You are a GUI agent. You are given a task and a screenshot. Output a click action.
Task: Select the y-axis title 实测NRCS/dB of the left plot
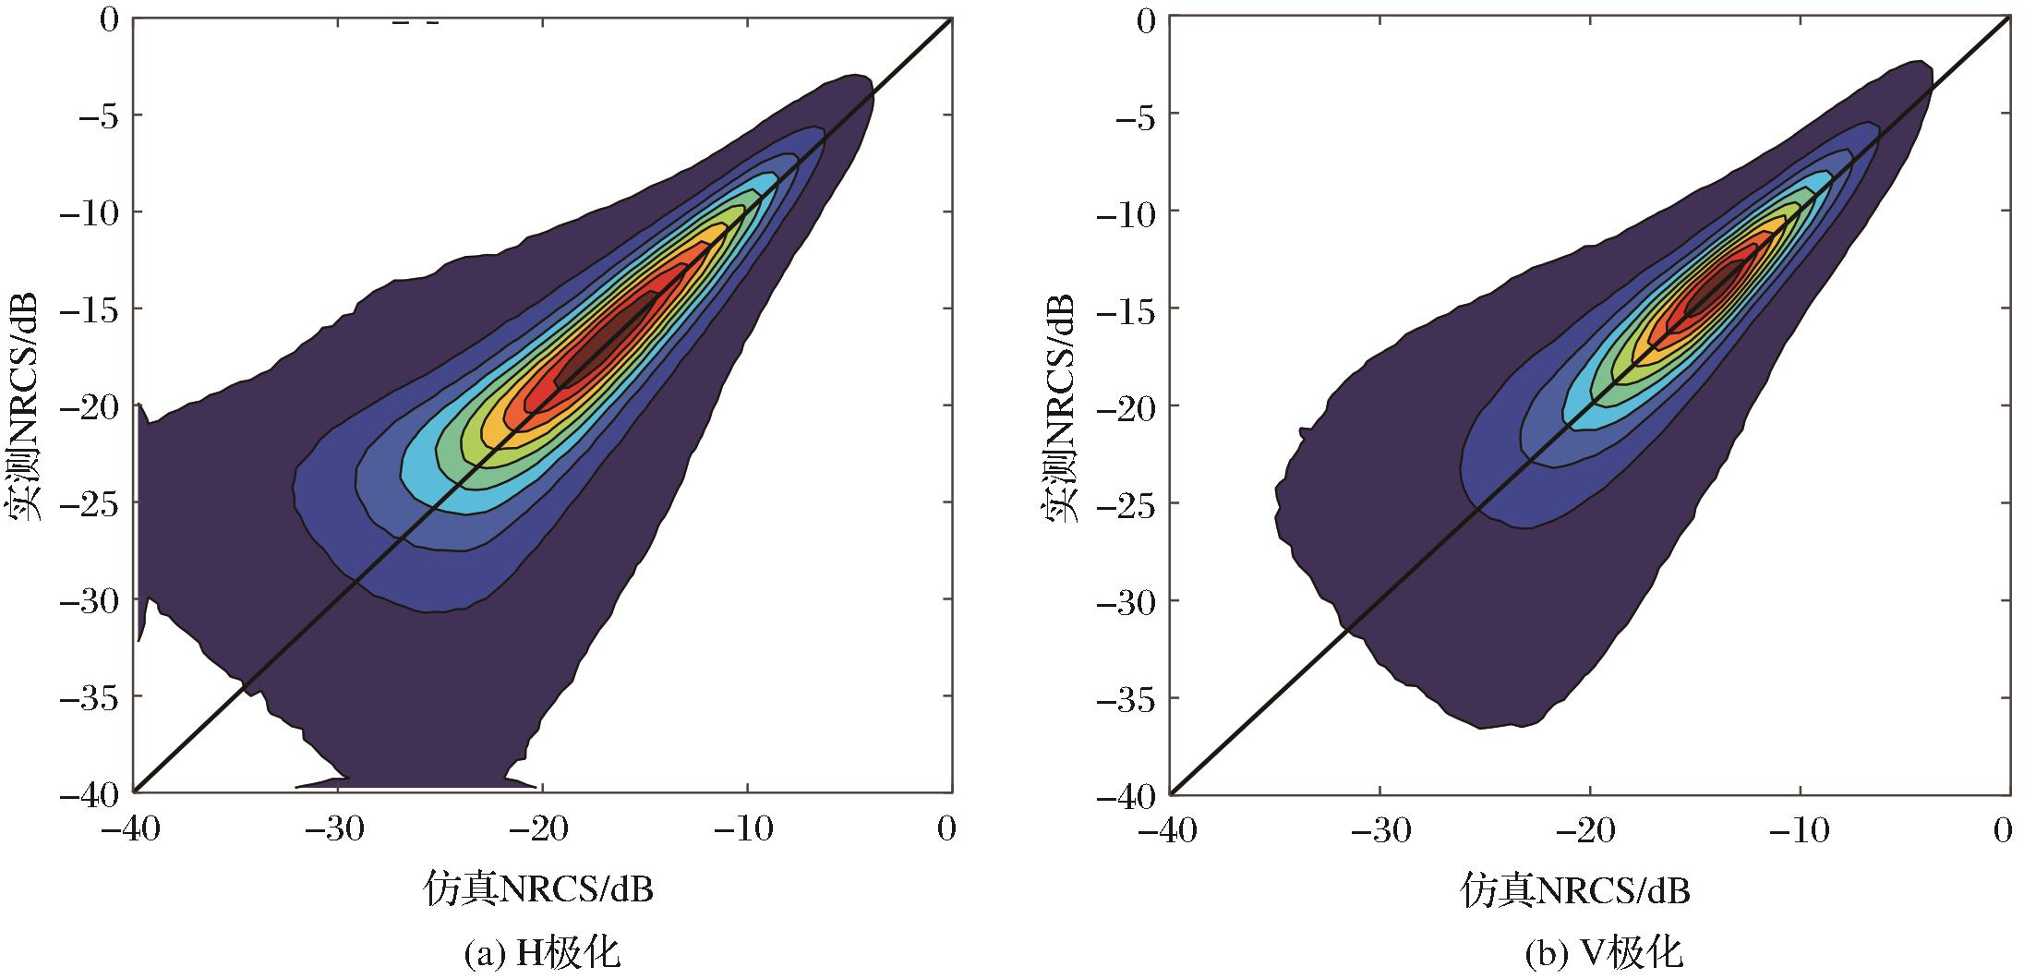click(x=25, y=406)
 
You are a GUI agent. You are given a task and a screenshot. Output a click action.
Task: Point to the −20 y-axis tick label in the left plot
click(x=90, y=405)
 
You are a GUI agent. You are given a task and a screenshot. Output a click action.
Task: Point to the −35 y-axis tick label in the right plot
click(x=1125, y=698)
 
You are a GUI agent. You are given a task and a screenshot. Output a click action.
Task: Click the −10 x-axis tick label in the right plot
click(x=1797, y=830)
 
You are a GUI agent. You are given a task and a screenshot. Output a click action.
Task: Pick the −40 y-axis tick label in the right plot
click(x=1125, y=795)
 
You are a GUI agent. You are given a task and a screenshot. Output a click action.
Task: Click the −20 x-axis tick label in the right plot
click(x=1587, y=830)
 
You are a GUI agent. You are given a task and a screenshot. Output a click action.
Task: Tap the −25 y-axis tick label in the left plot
click(x=90, y=502)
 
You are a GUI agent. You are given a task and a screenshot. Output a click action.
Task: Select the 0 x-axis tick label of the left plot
click(x=946, y=829)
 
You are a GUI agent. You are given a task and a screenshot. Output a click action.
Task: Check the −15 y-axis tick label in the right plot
click(x=1125, y=308)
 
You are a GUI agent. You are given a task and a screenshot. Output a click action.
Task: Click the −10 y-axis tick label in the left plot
click(x=90, y=212)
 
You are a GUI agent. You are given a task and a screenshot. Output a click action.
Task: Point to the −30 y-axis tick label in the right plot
click(x=1125, y=601)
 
